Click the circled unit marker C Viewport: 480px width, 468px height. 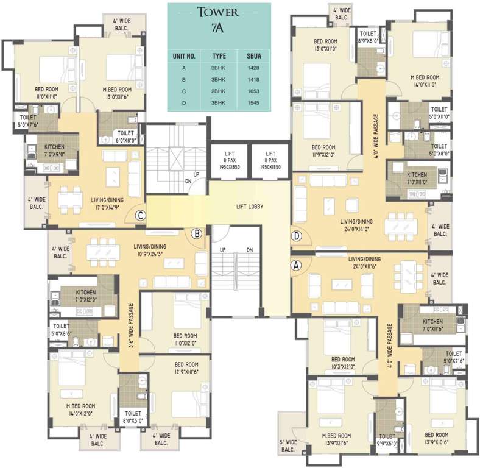click(141, 216)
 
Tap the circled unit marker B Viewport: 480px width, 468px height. click(197, 234)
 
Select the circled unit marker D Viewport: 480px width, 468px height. click(296, 236)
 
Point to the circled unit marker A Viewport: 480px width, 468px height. click(296, 265)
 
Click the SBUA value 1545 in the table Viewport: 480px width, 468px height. click(253, 103)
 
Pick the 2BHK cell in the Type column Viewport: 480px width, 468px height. click(218, 91)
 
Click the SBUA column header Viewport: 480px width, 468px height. click(254, 56)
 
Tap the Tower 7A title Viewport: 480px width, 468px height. click(218, 19)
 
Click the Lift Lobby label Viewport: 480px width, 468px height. click(250, 207)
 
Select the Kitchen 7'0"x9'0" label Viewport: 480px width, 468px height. click(54, 151)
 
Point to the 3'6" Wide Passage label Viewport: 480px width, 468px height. click(132, 326)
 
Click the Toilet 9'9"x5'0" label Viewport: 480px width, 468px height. click(388, 440)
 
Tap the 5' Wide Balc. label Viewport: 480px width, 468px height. click(288, 446)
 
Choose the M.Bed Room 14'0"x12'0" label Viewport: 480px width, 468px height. click(81, 409)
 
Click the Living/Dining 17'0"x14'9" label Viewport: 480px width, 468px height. click(107, 204)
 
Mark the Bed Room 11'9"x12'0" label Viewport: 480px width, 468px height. click(323, 151)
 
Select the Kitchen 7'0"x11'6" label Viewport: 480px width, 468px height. click(433, 325)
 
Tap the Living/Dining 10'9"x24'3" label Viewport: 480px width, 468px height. click(150, 250)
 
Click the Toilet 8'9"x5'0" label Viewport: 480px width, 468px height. click(368, 37)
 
